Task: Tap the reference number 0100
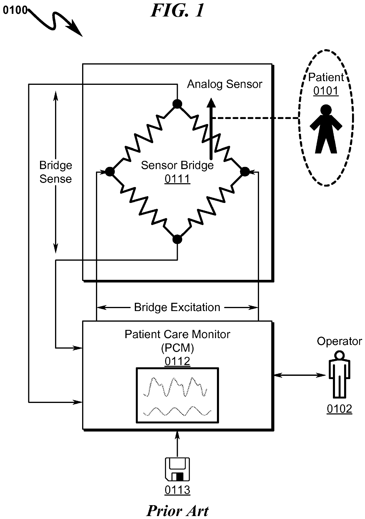[15, 11]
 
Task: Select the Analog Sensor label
[225, 84]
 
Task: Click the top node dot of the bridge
[177, 104]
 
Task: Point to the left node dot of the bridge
[110, 171]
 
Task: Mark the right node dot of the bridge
[245, 171]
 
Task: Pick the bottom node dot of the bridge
[177, 239]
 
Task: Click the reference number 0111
[177, 179]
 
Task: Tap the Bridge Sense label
[56, 172]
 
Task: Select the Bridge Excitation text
[177, 307]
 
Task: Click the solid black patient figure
[326, 129]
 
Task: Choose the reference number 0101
[326, 91]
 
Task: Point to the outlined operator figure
[339, 374]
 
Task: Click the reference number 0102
[339, 409]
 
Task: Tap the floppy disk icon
[177, 469]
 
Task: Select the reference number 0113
[177, 490]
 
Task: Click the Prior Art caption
[177, 511]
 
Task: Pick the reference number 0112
[177, 361]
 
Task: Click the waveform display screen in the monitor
[177, 395]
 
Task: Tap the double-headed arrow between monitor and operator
[300, 375]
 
